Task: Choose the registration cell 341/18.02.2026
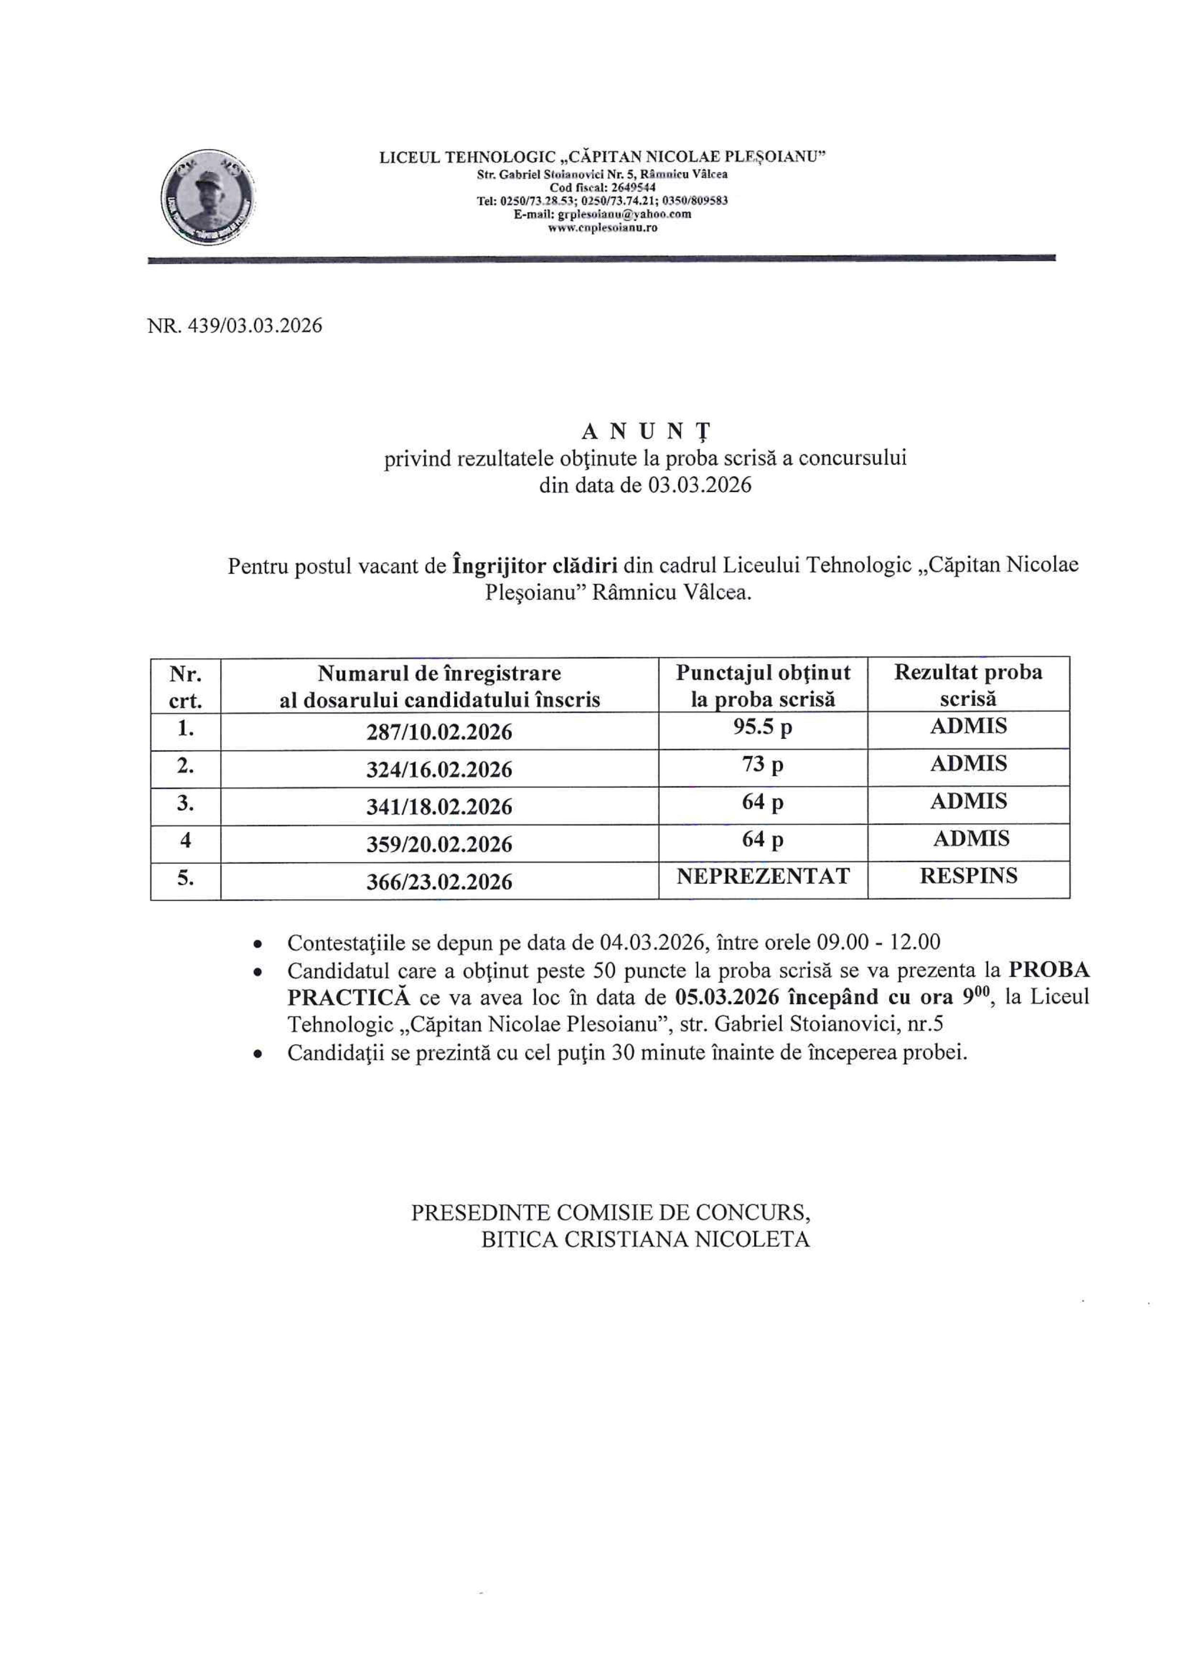[439, 807]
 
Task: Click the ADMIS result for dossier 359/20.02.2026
[970, 839]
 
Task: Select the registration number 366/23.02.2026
[439, 882]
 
